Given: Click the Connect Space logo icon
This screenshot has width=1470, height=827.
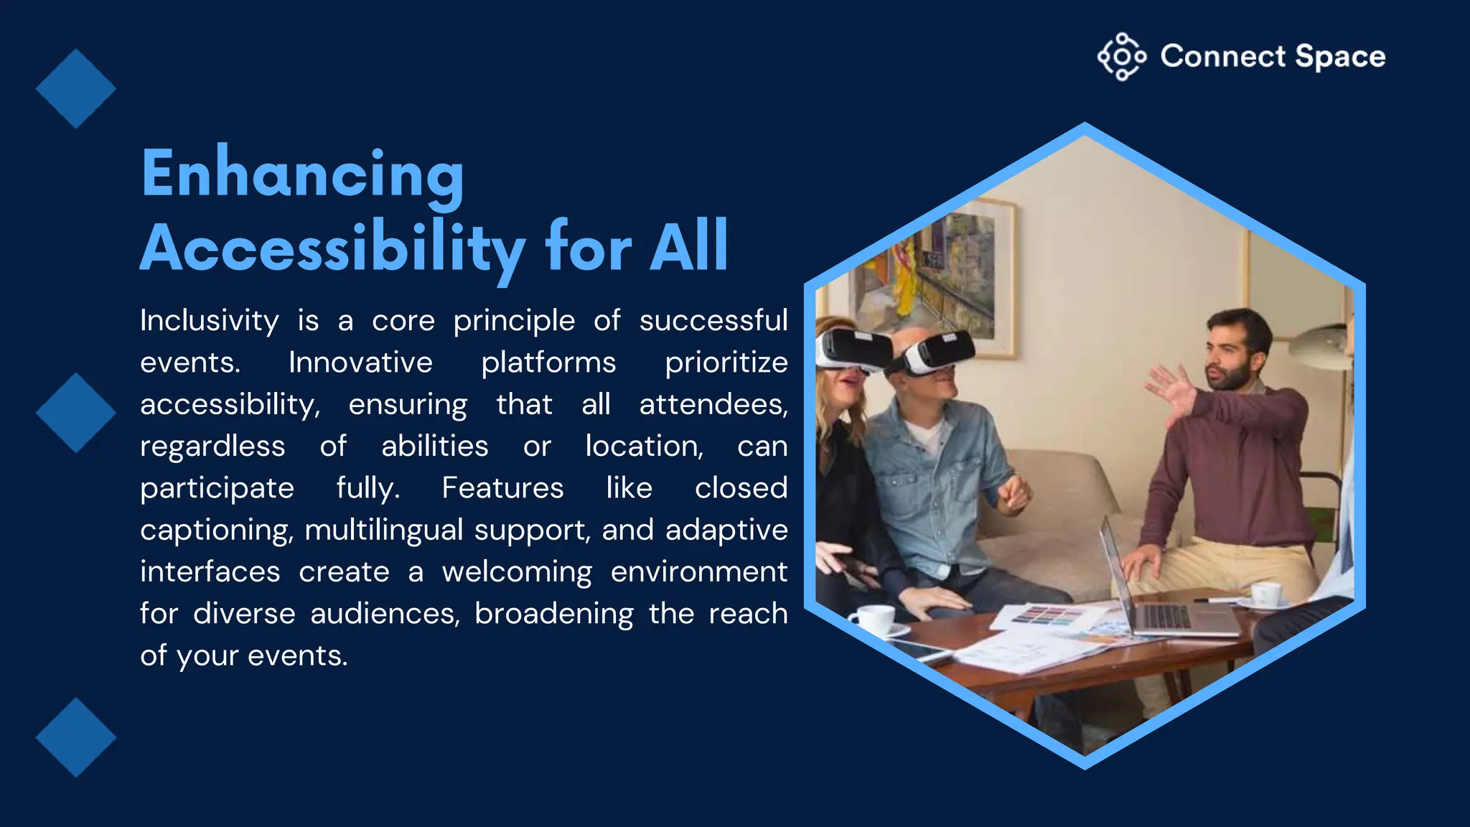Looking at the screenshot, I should pos(1121,57).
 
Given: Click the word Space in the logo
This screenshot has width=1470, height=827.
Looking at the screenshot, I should pos(1340,57).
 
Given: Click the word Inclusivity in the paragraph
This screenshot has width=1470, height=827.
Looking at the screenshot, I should pos(210,320).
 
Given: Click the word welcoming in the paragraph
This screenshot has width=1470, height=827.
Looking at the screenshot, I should pos(517,572).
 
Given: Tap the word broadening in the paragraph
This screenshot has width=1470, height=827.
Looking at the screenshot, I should pos(553,614).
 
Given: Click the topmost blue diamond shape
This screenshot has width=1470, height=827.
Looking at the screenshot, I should pos(75,89).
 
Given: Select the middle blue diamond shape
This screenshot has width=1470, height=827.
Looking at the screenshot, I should pos(75,413).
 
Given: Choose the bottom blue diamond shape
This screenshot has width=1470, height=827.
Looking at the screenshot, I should pos(75,737).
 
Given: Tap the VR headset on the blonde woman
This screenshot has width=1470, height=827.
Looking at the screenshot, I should pos(851,349).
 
